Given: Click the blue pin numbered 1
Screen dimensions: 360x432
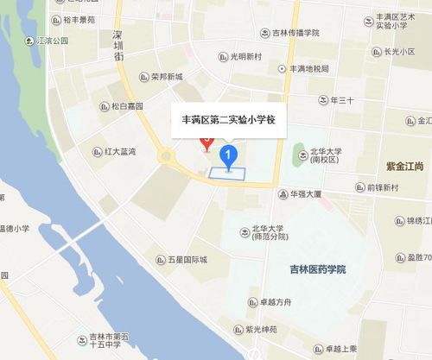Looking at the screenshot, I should (x=228, y=156).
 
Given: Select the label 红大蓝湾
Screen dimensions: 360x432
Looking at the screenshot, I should (x=119, y=152).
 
